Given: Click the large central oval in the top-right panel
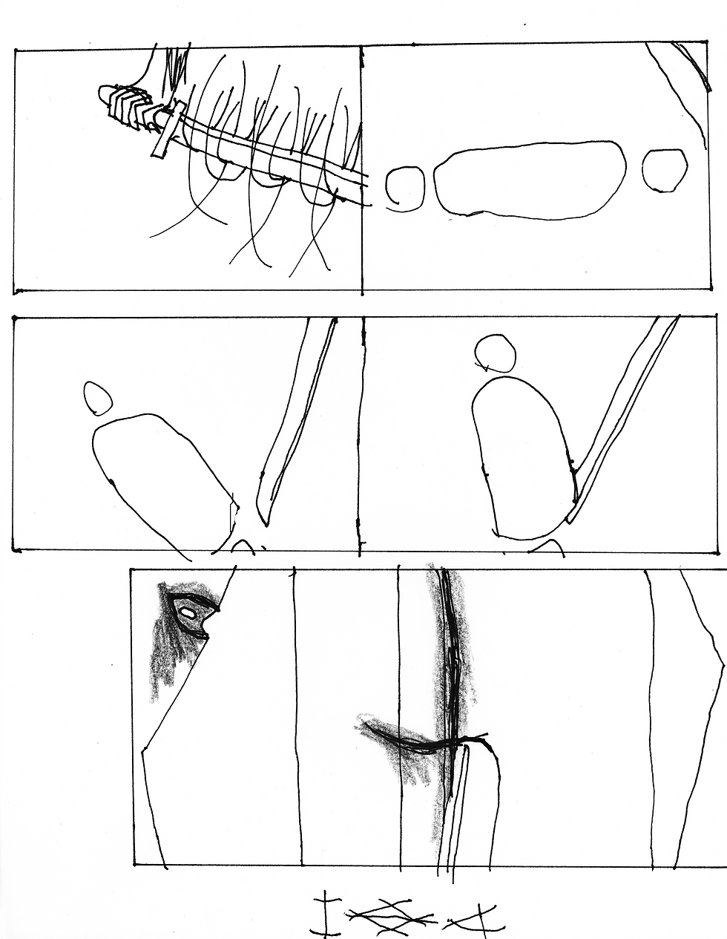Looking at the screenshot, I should (529, 180).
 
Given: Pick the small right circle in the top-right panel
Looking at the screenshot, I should (664, 169).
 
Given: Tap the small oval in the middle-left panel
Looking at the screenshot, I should (97, 398).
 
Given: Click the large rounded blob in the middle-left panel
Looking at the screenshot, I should (163, 475).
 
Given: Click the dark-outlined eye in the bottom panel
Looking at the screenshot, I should (192, 615).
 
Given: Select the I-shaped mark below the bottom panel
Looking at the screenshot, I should (324, 913).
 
